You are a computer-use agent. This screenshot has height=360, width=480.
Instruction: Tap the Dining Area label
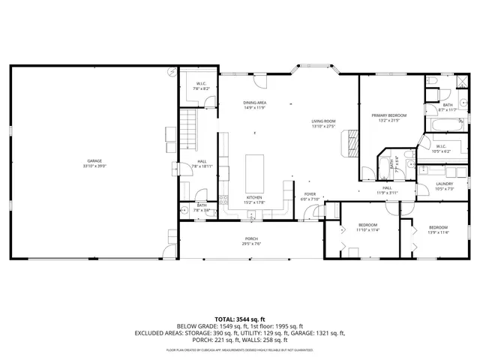(x=255, y=105)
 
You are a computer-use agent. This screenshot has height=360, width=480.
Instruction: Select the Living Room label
(x=324, y=123)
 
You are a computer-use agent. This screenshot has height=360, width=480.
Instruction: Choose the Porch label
(x=251, y=241)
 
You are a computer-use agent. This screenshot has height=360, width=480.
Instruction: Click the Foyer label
(x=310, y=196)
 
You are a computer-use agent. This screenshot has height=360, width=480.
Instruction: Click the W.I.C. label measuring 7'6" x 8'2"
(x=202, y=85)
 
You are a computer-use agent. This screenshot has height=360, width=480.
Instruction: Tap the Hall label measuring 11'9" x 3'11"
(x=387, y=190)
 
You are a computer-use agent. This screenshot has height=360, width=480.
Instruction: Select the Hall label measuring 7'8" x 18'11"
(x=202, y=163)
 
